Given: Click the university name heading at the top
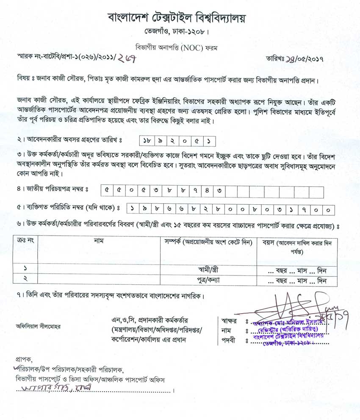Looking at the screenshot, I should (177, 18).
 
